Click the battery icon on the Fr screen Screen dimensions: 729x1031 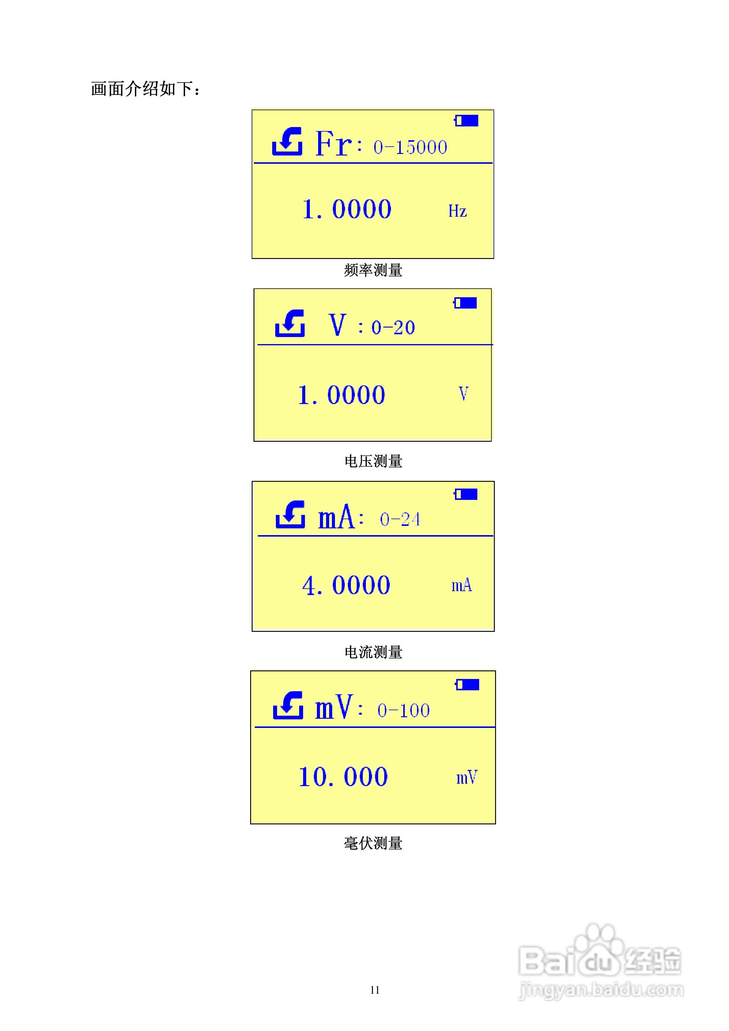(466, 120)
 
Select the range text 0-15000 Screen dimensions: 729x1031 (410, 147)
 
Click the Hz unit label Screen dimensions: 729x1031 (457, 211)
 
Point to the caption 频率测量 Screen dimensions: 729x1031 (373, 270)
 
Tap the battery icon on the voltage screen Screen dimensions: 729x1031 (465, 303)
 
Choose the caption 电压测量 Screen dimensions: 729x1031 (373, 461)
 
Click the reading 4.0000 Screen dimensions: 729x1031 (346, 586)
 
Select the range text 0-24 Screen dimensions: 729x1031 (400, 519)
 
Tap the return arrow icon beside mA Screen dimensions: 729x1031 (290, 515)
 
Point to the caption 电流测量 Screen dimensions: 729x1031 (373, 652)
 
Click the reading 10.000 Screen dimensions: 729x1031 (343, 777)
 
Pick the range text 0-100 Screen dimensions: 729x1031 (403, 710)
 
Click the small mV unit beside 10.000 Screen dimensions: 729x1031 (467, 777)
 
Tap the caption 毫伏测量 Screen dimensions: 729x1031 (373, 843)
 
